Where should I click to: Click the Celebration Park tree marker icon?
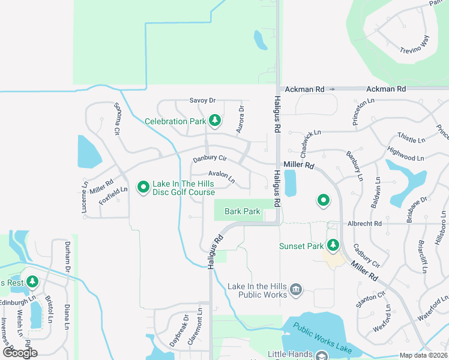215,122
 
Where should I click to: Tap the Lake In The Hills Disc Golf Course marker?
143,188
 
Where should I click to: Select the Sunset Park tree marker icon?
333,245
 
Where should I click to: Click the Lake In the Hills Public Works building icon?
295,290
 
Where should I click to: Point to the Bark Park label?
243,211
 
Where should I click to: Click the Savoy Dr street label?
202,101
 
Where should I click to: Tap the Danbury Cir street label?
209,159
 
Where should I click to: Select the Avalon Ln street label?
222,176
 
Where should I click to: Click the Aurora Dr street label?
241,119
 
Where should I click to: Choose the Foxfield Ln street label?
113,197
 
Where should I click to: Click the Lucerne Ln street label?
85,197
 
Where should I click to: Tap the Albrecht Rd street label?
364,224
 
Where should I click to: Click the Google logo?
20,353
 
